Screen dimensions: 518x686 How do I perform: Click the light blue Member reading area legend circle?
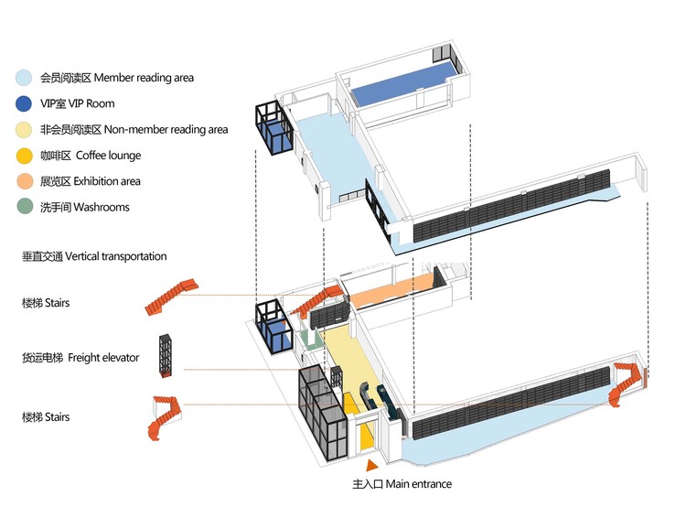click(26, 78)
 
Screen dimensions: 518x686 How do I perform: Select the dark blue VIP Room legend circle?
click(26, 103)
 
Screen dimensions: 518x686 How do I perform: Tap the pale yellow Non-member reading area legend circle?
click(26, 130)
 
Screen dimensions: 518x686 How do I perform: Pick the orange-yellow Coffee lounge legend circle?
click(26, 156)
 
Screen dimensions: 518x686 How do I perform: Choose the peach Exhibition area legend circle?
click(26, 181)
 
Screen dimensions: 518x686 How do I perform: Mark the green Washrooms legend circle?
click(26, 207)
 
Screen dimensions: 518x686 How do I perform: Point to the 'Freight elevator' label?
click(104, 357)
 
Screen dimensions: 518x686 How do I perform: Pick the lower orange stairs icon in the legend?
click(164, 417)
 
